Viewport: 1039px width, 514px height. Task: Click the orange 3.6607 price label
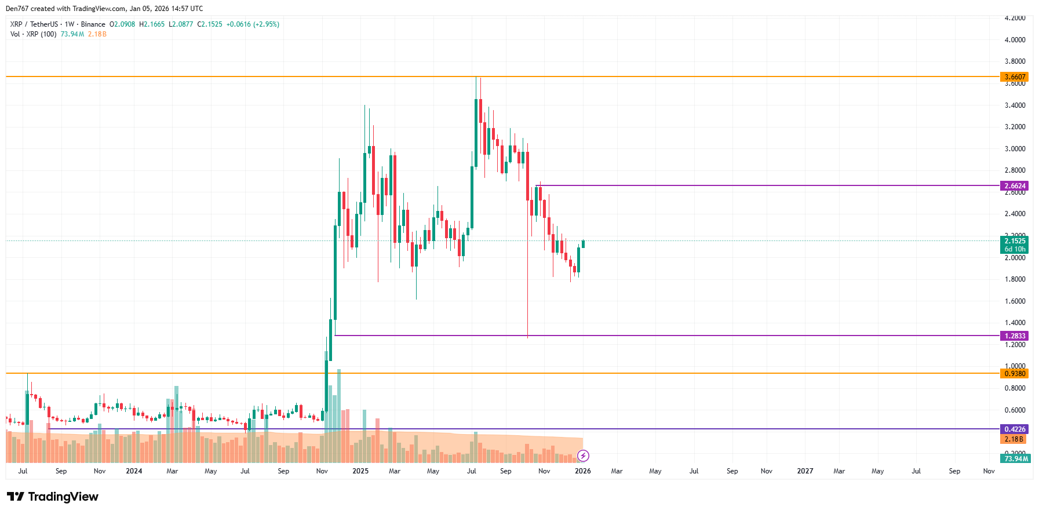(x=1015, y=77)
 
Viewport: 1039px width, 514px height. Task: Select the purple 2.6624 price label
(x=1015, y=186)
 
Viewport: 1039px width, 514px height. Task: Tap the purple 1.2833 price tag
(x=1015, y=336)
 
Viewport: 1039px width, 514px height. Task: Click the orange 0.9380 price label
(x=1015, y=374)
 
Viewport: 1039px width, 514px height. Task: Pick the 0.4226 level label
(x=1015, y=429)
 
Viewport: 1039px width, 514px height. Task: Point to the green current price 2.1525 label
(x=1015, y=241)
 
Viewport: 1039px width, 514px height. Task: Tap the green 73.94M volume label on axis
(x=1016, y=459)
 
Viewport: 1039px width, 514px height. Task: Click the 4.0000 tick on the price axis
(x=1015, y=40)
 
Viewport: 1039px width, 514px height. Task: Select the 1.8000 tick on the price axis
(x=1015, y=279)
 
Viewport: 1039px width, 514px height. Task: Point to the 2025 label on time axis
(x=360, y=471)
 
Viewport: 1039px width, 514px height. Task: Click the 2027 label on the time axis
(x=805, y=471)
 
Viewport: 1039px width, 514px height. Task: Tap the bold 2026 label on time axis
(x=582, y=471)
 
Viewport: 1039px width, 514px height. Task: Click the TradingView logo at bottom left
(x=52, y=497)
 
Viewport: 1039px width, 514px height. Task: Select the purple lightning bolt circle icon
(x=583, y=456)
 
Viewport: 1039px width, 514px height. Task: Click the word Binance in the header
(x=93, y=24)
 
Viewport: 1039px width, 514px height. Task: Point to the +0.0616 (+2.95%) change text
(x=253, y=24)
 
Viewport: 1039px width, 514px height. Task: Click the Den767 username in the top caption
(x=17, y=9)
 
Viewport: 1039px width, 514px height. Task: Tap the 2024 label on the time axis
(x=134, y=471)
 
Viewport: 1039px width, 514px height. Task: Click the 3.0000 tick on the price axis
(x=1015, y=149)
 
